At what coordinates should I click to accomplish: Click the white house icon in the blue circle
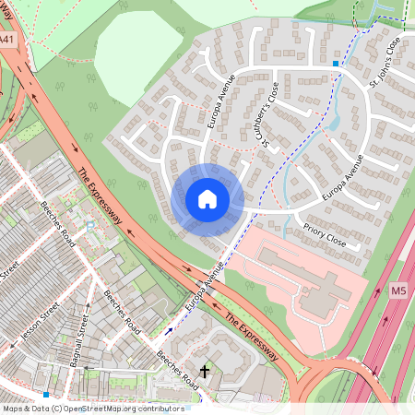point(207,198)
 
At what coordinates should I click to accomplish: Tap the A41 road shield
point(8,41)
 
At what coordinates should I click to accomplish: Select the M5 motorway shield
point(398,290)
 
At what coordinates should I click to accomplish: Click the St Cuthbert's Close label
point(270,115)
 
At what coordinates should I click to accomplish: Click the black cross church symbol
point(205,371)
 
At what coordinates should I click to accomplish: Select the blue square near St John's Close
point(335,63)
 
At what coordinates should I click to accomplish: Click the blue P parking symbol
point(89,225)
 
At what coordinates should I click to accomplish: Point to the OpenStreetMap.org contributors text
point(129,408)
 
